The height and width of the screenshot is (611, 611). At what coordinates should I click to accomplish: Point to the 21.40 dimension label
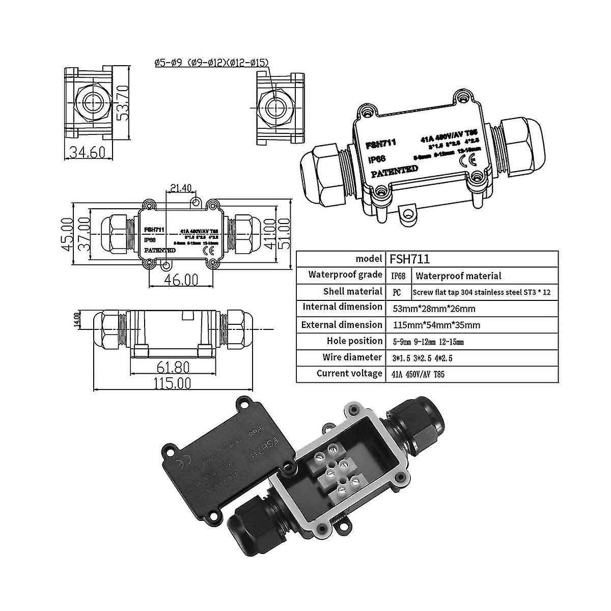click(181, 188)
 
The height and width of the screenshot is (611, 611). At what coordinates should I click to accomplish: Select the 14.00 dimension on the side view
click(77, 319)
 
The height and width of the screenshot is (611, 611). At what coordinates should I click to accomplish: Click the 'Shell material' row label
click(352, 292)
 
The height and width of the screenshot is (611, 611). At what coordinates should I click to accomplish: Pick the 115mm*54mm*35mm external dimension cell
click(437, 325)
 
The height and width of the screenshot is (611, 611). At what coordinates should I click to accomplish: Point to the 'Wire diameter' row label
click(352, 357)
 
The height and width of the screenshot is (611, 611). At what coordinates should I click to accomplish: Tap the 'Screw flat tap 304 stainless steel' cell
click(481, 292)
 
